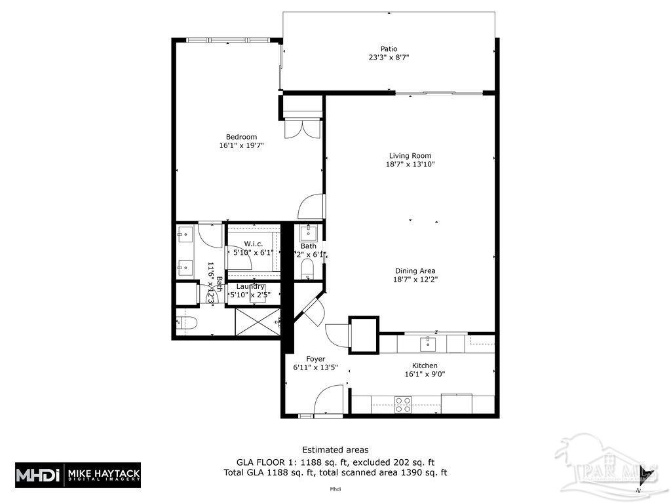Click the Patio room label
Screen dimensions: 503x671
coord(389,48)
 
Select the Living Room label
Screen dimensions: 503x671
coord(410,155)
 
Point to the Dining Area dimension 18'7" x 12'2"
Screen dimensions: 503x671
coord(415,280)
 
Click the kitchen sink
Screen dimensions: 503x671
coord(427,343)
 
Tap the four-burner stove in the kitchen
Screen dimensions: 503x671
coord(403,404)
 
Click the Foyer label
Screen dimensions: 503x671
coord(316,359)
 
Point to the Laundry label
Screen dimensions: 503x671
coord(250,286)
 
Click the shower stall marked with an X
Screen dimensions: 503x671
coord(258,322)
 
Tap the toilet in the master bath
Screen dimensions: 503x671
coord(187,322)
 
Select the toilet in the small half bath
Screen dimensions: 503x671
coord(308,271)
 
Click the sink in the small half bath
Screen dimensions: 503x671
coord(307,233)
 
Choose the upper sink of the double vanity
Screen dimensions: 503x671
coord(184,233)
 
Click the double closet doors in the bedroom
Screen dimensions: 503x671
coord(302,128)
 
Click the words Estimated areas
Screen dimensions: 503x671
coord(335,449)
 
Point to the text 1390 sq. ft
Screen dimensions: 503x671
coord(420,472)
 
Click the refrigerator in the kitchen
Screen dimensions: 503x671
coord(457,403)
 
